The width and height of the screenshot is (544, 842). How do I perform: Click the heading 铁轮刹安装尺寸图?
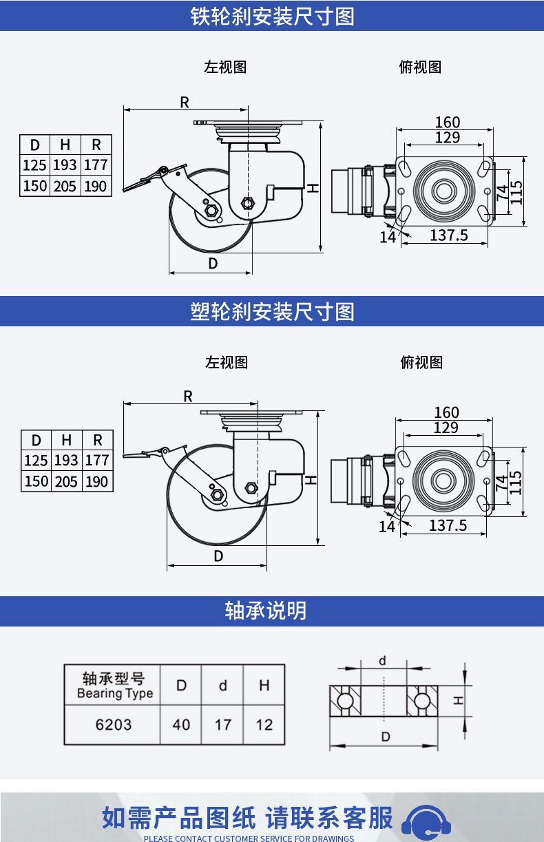[272, 17]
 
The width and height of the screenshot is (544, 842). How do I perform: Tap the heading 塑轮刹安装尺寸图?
[272, 312]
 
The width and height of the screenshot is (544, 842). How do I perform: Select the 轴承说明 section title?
[265, 611]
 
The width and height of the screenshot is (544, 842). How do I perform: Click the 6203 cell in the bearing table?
[114, 725]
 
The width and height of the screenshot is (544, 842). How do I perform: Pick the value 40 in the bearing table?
[181, 725]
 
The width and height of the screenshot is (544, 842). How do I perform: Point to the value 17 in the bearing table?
[222, 725]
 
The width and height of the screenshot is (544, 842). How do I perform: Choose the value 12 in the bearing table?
[264, 725]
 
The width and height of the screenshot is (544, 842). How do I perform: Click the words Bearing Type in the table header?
[115, 693]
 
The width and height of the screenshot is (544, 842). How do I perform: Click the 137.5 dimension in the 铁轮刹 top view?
[449, 235]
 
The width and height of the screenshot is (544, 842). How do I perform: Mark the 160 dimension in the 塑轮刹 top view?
[447, 412]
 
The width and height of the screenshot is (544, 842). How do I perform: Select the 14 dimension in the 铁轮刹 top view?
[388, 238]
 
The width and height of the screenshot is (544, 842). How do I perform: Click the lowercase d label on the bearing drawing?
[382, 661]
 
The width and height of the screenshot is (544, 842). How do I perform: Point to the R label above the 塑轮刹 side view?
[188, 396]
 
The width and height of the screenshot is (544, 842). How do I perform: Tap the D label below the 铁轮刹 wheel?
[213, 264]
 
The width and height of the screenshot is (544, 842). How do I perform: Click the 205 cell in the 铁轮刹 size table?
[65, 186]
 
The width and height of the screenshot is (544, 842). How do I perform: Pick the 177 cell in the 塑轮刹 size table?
[97, 460]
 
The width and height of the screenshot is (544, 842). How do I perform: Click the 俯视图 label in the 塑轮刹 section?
[421, 362]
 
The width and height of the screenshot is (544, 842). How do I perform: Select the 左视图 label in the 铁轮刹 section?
[225, 67]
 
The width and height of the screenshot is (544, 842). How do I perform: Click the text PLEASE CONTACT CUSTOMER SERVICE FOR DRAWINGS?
[249, 838]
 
